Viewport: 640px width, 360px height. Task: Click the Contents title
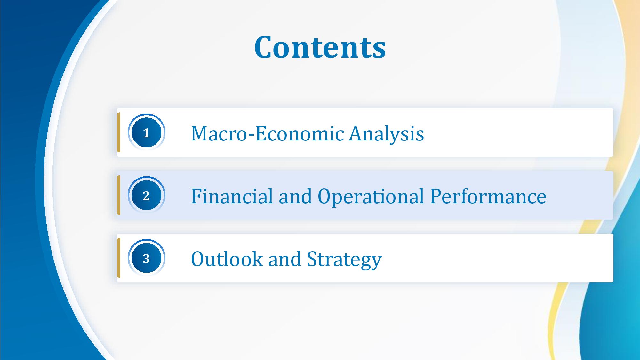coord(320,47)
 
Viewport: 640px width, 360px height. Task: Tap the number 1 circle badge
coord(146,132)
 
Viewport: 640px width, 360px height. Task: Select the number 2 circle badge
coord(146,195)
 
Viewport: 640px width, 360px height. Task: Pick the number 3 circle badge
coord(146,258)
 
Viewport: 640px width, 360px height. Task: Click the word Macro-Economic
coord(267,133)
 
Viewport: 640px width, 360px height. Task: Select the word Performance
coord(488,196)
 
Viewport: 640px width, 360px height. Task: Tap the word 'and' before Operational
coord(295,196)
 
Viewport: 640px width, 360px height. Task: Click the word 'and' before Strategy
coord(285,259)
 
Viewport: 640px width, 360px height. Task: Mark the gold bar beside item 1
coord(119,132)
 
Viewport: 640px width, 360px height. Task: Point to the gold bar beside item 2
coord(119,195)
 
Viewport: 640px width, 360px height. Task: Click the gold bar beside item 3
coord(119,258)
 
